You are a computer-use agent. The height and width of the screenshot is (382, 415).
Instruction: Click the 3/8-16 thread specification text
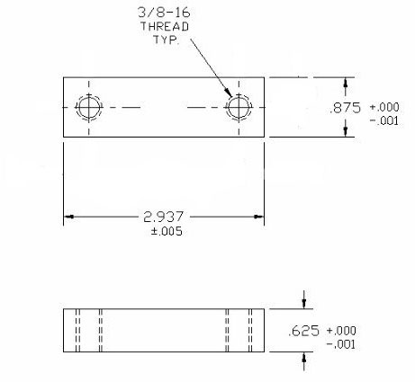[x=164, y=13]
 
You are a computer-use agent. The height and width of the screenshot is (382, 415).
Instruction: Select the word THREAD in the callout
[x=165, y=26]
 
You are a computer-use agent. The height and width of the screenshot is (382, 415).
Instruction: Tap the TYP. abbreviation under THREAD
[x=167, y=40]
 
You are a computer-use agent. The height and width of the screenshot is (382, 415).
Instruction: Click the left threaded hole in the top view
[x=89, y=107]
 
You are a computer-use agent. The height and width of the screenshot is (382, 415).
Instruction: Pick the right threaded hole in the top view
[x=239, y=107]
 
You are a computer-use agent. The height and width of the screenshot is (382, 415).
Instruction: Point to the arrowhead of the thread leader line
[x=229, y=93]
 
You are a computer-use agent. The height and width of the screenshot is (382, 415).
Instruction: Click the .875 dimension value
[x=345, y=108]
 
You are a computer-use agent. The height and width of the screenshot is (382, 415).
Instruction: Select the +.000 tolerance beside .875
[x=384, y=107]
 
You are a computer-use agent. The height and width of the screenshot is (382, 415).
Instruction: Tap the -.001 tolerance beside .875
[x=384, y=120]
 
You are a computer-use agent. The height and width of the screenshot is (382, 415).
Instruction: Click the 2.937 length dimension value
[x=164, y=217]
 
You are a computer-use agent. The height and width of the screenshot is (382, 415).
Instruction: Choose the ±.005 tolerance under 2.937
[x=167, y=231]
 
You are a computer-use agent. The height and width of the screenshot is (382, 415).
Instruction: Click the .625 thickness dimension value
[x=303, y=331]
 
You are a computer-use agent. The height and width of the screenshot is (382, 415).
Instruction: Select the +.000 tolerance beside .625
[x=341, y=331]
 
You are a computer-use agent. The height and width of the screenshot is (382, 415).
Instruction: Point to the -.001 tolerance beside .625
[x=341, y=344]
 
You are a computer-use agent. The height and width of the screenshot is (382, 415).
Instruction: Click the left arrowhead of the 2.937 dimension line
[x=69, y=217]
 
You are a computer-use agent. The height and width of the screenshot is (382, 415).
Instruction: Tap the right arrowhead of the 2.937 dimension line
[x=258, y=217]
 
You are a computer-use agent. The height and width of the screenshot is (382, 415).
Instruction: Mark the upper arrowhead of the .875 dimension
[x=346, y=83]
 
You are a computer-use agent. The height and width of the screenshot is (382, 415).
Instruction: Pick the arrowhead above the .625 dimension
[x=304, y=304]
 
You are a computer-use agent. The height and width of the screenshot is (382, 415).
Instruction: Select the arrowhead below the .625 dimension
[x=304, y=357]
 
